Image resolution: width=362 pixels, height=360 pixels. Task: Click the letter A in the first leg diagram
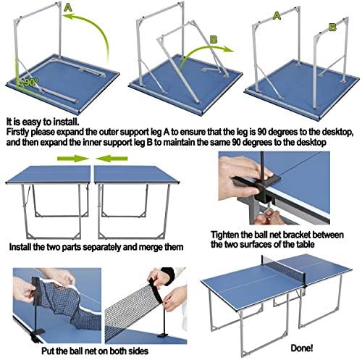pos(68,8)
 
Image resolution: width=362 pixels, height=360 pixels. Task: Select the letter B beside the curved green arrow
pos(214,39)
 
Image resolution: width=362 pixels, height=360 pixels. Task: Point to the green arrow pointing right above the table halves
pos(73,159)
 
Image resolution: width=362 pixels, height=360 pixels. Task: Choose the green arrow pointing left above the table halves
pos(111,159)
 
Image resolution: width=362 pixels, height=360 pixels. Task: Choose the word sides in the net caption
pos(139,351)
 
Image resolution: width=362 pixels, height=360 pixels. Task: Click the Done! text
pos(302,348)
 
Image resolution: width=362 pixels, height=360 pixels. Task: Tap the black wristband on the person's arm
pos(167,273)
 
